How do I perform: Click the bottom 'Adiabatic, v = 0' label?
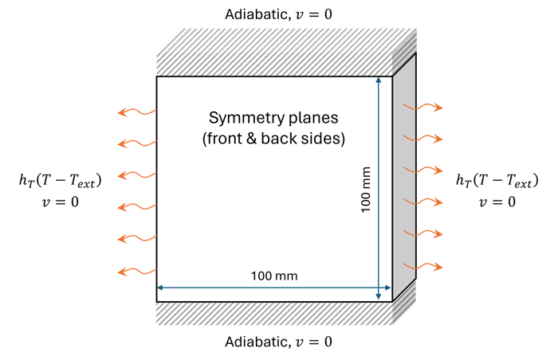280,342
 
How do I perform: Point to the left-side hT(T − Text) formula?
60,182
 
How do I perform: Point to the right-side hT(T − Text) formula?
496,182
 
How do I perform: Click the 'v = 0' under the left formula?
60,202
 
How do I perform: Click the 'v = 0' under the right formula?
496,202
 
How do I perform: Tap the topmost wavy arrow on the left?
136,112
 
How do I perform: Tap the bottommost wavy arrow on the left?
136,272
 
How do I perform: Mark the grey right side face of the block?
405,175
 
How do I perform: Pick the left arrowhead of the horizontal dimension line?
161,288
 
